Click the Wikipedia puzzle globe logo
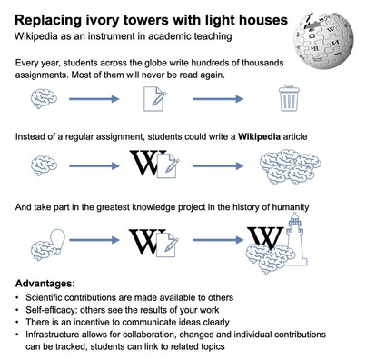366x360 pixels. point(323,40)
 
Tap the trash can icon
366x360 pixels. point(290,98)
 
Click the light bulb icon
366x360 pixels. point(57,239)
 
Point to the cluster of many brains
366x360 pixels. point(291,166)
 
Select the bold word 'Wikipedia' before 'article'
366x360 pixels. point(259,136)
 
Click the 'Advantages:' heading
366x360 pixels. point(45,284)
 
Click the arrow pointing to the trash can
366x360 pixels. point(218,99)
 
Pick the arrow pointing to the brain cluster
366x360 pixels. point(218,165)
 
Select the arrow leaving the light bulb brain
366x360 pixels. point(94,240)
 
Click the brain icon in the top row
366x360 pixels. point(44,98)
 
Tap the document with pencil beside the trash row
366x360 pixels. point(154,99)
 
